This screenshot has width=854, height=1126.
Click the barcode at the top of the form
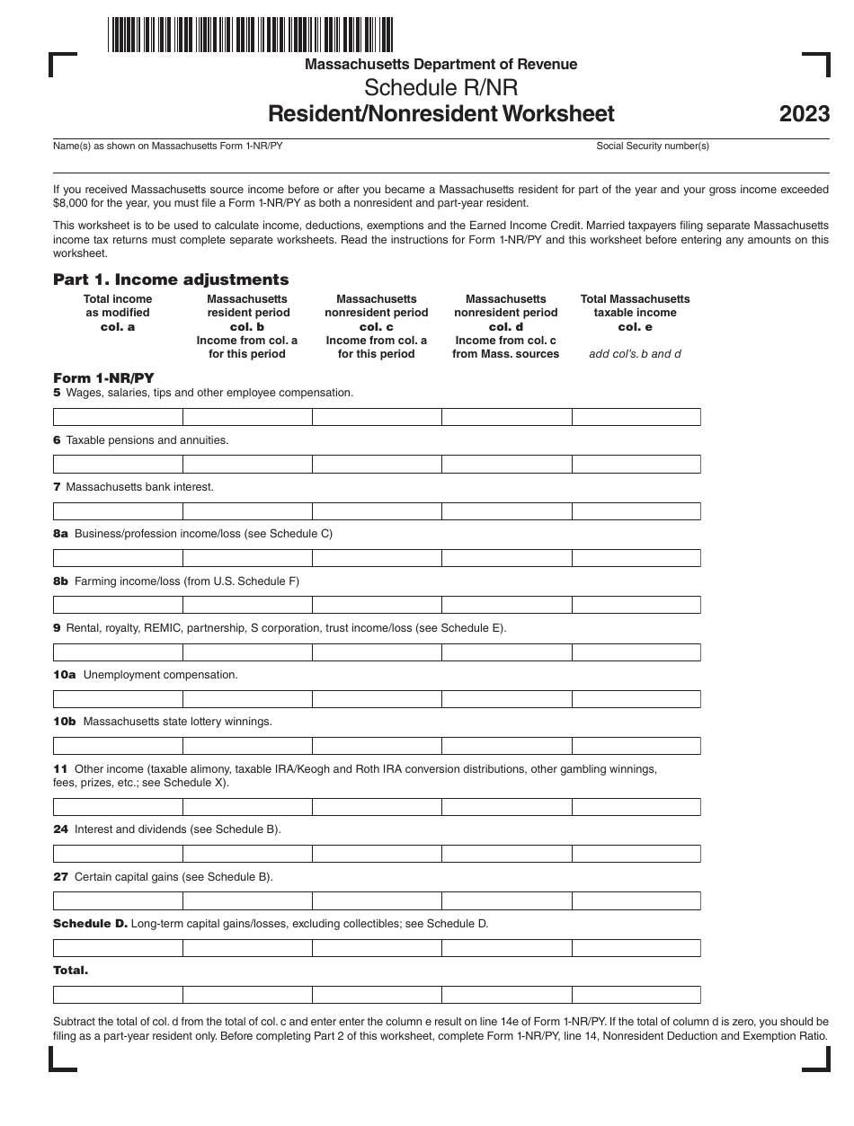tap(251, 34)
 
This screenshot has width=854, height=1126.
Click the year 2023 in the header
tap(805, 114)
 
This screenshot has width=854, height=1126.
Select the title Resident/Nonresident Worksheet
tap(440, 113)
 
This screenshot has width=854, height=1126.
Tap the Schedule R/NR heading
tap(440, 88)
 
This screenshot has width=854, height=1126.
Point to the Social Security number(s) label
tap(653, 146)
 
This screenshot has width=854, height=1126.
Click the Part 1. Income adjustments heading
tap(171, 279)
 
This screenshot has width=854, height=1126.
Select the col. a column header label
tap(118, 327)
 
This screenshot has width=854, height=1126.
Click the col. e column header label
tap(635, 327)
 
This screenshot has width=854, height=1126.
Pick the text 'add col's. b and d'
tap(635, 354)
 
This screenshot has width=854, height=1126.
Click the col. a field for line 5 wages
tap(118, 417)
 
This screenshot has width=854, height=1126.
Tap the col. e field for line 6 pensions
tap(636, 464)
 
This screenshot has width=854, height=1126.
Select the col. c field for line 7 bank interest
tap(377, 511)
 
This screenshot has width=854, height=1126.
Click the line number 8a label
tap(60, 534)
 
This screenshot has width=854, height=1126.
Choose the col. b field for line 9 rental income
tap(247, 652)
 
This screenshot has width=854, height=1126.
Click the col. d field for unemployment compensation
tap(506, 699)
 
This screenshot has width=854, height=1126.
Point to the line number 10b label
tap(65, 722)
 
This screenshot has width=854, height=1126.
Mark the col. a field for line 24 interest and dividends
tap(118, 854)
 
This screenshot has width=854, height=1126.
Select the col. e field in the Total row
tap(636, 995)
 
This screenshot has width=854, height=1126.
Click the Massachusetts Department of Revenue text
tap(440, 65)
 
